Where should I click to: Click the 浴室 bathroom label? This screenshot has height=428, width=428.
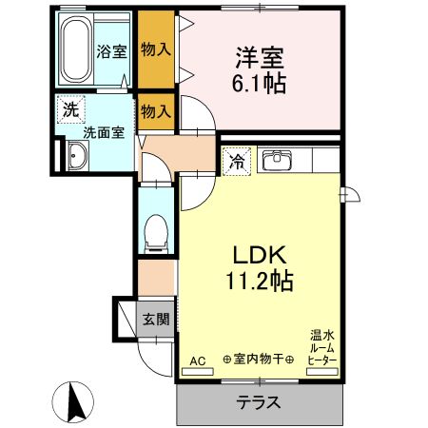tap(112, 51)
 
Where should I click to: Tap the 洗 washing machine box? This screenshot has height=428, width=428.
tap(70, 109)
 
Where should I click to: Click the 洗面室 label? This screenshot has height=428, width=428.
tap(102, 134)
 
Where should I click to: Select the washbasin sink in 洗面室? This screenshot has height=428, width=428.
tap(76, 156)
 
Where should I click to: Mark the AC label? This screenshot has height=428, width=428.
tap(197, 360)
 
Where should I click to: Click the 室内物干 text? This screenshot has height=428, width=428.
tap(258, 360)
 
